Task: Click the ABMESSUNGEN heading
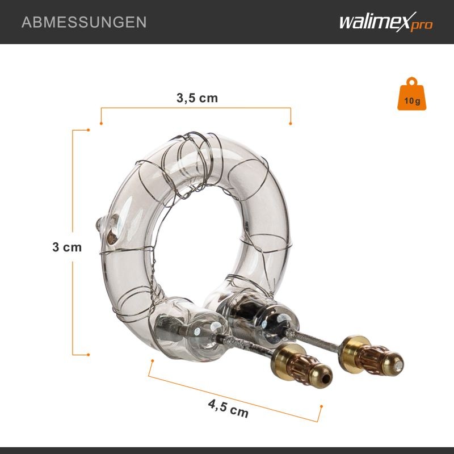pyautogui.click(x=84, y=22)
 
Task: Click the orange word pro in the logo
pyautogui.click(x=422, y=26)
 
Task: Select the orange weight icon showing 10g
pyautogui.click(x=412, y=94)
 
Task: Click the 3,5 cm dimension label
pyautogui.click(x=197, y=98)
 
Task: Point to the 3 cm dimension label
pyautogui.click(x=67, y=247)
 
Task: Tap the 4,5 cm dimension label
pyautogui.click(x=228, y=408)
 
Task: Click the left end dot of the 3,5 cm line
pyautogui.click(x=101, y=124)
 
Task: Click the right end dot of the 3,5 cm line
pyautogui.click(x=291, y=124)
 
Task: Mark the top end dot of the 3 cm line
pyautogui.click(x=89, y=130)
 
